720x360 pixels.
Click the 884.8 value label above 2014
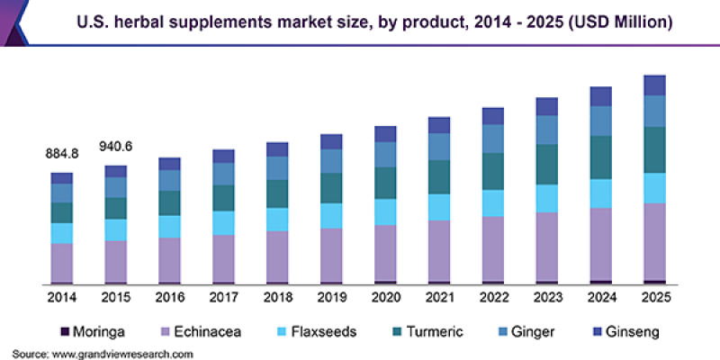(62, 154)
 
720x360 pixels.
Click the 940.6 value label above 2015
(116, 147)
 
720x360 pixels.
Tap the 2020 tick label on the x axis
(385, 297)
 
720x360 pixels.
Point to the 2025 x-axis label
(655, 297)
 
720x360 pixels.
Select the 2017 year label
(223, 297)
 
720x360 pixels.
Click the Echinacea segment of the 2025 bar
(655, 241)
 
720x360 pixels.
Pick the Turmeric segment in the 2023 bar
(547, 164)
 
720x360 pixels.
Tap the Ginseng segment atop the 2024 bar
(601, 96)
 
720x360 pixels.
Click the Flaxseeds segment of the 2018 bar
(277, 220)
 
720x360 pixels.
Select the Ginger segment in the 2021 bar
(439, 147)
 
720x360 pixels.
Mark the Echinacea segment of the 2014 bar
(62, 262)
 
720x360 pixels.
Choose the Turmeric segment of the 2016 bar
(169, 203)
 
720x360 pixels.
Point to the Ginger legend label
(534, 332)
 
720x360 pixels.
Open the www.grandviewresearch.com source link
(121, 355)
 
